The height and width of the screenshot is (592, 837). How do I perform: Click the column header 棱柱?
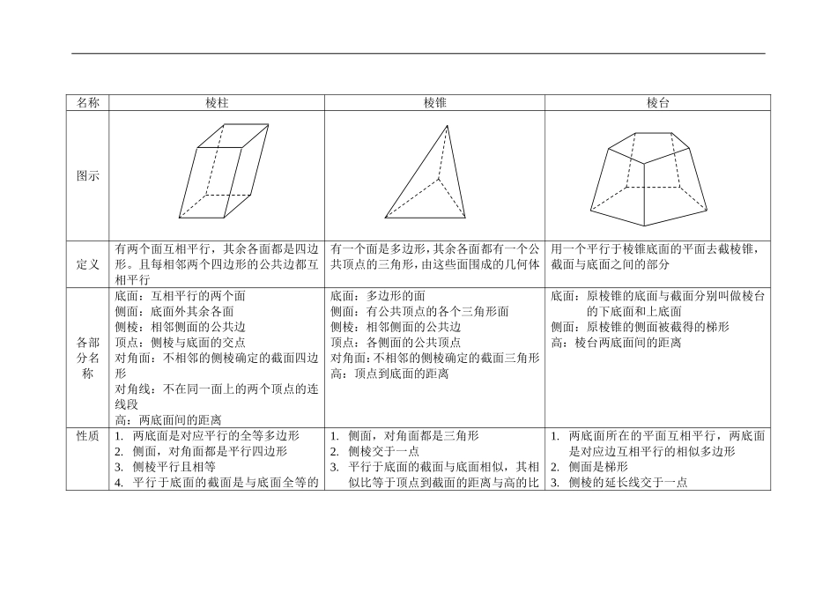[217, 103]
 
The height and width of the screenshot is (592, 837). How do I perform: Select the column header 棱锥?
[434, 103]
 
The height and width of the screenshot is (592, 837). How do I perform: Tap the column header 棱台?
[657, 103]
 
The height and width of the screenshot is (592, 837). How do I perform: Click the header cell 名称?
[87, 103]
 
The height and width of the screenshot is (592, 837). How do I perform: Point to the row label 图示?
[87, 176]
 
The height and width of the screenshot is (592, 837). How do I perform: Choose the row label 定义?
[87, 264]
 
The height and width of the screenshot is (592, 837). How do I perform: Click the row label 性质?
[87, 436]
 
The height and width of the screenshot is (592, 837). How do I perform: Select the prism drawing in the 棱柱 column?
[224, 171]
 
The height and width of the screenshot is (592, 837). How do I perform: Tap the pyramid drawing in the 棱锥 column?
[426, 174]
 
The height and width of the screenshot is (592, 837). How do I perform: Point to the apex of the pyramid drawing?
[448, 126]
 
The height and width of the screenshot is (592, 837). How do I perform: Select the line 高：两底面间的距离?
[168, 420]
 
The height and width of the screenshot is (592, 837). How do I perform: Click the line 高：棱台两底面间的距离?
[616, 343]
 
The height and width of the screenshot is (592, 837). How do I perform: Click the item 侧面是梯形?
[597, 467]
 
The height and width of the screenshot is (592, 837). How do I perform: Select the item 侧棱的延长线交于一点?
[627, 483]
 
